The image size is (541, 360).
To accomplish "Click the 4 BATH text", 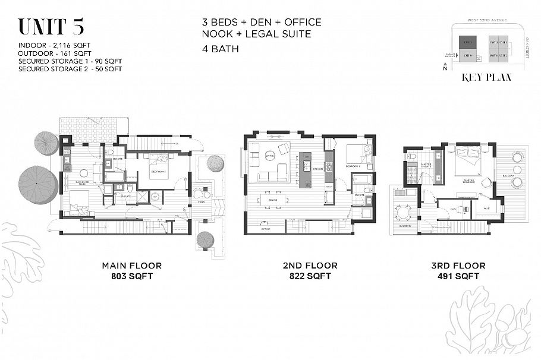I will pos(220,49).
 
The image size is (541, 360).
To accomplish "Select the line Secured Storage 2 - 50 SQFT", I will pos(70,69).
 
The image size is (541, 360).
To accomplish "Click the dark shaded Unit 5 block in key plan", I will pos(468,42).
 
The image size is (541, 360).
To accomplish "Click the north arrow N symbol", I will pos(445,69).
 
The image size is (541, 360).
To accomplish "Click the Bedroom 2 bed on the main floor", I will pos(160,162).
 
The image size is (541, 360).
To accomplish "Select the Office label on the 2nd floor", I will pos(266,228).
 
